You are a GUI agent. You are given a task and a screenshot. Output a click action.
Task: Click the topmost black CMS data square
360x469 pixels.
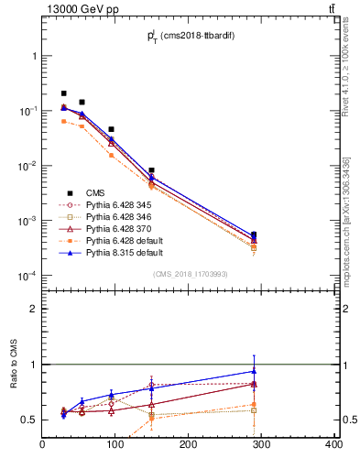tap(63, 93)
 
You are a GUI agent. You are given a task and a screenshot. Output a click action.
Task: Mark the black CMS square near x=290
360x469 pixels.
tap(254, 234)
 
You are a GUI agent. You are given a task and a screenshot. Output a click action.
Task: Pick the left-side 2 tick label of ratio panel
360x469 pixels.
tap(34, 309)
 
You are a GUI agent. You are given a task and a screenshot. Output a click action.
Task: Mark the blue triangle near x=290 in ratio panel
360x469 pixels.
tap(254, 371)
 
